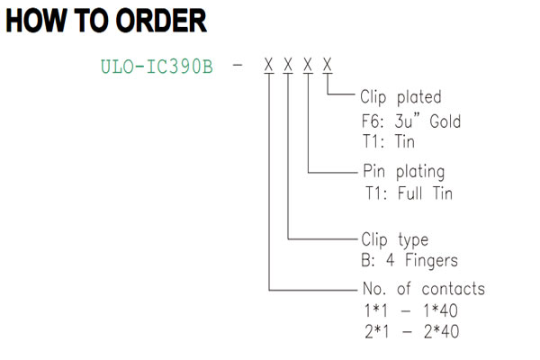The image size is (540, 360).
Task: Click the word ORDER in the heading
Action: [x=161, y=21]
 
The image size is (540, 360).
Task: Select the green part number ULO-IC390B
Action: [x=157, y=67]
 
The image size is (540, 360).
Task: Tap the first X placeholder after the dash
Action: [x=268, y=65]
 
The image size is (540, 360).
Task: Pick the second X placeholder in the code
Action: [x=288, y=65]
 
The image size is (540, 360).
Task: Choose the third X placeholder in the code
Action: [x=308, y=65]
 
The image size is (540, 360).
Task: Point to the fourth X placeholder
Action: [x=328, y=65]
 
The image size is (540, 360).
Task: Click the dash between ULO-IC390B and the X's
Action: [x=238, y=64]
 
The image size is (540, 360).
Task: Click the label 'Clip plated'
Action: [x=400, y=97]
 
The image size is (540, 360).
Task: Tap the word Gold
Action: [x=445, y=121]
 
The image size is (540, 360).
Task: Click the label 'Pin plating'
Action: [x=404, y=172]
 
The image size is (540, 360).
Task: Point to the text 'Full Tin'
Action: [x=425, y=193]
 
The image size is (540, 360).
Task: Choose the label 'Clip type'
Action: [x=395, y=239]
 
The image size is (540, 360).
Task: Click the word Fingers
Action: [x=431, y=260]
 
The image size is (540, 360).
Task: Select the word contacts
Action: [x=454, y=289]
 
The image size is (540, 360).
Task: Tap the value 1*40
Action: [x=440, y=310]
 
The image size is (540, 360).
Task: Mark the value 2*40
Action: [x=442, y=332]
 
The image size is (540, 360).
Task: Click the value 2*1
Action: [x=377, y=332]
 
